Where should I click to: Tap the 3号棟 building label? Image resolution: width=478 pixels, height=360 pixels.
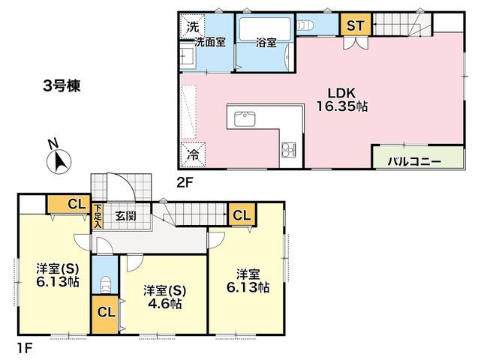(x=62, y=86)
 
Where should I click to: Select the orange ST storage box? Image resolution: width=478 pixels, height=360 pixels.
(x=356, y=24)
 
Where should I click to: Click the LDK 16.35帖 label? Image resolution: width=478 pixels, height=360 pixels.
(x=342, y=100)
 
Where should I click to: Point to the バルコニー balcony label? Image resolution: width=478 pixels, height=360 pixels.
(x=414, y=161)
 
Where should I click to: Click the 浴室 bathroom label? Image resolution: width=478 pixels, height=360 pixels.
(x=266, y=43)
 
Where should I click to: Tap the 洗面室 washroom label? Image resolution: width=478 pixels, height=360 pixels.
(x=210, y=42)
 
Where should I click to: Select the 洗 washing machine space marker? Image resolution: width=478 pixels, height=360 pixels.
(x=192, y=27)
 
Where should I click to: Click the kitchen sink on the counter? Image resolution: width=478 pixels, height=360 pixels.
(x=245, y=119)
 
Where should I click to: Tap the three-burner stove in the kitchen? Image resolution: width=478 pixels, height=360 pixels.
(x=288, y=150)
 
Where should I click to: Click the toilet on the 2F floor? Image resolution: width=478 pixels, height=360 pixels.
(x=305, y=25)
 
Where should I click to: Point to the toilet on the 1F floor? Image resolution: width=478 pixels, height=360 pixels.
(x=105, y=284)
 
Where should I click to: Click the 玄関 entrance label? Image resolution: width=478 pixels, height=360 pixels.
(x=126, y=216)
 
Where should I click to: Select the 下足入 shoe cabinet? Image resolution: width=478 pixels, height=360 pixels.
(x=98, y=216)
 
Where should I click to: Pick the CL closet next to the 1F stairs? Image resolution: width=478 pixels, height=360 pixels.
(x=242, y=215)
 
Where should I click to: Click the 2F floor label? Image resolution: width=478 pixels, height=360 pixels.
(x=185, y=183)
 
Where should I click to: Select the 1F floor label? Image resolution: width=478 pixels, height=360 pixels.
(x=24, y=348)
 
